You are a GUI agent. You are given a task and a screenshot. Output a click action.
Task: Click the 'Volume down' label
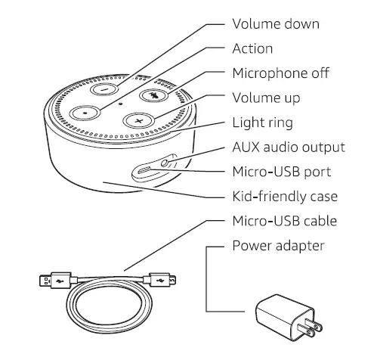click(x=275, y=24)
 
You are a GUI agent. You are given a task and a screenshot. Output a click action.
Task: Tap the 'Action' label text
click(x=252, y=48)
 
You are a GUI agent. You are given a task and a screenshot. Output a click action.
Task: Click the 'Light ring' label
click(x=262, y=123)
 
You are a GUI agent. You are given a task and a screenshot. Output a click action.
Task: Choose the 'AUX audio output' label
click(x=288, y=147)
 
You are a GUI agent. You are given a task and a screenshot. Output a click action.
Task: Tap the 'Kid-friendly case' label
click(x=284, y=197)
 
